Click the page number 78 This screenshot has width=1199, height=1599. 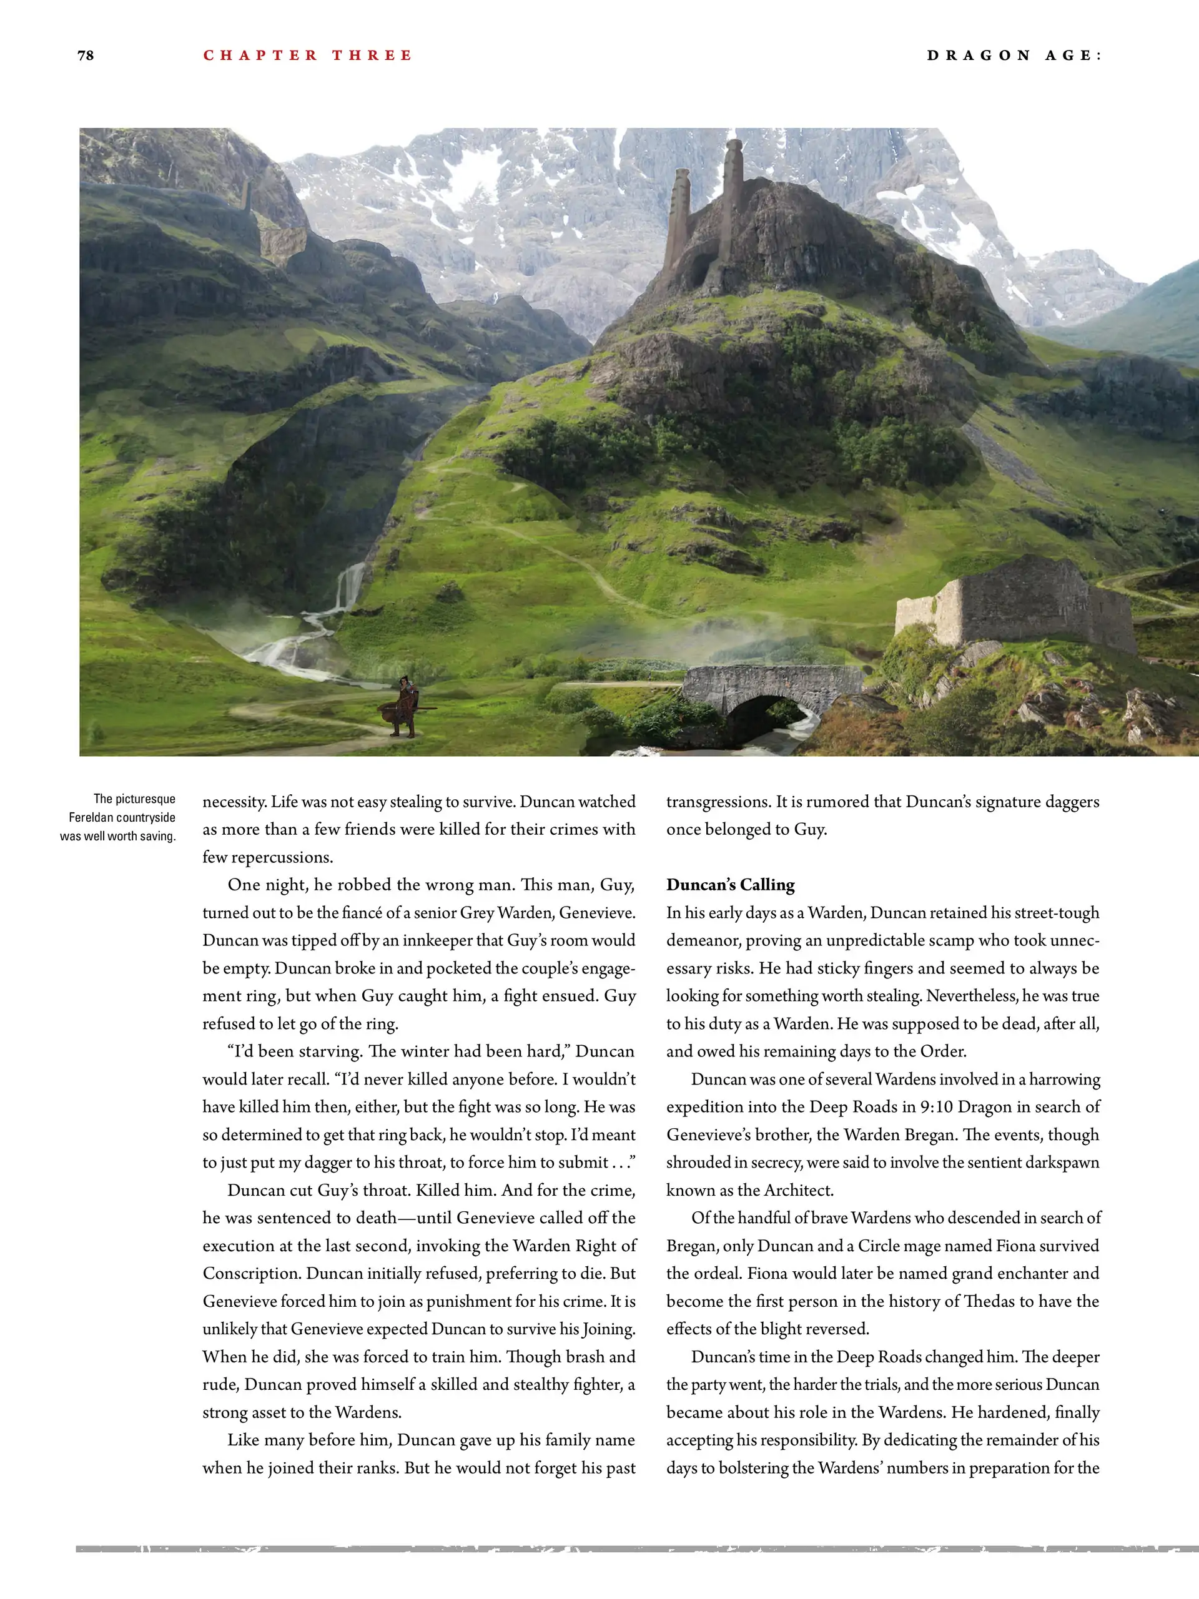86,56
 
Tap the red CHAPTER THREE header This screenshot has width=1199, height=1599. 307,56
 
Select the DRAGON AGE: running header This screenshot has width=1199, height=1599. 1014,56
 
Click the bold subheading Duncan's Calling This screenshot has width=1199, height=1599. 731,885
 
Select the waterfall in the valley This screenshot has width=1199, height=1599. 350,589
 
